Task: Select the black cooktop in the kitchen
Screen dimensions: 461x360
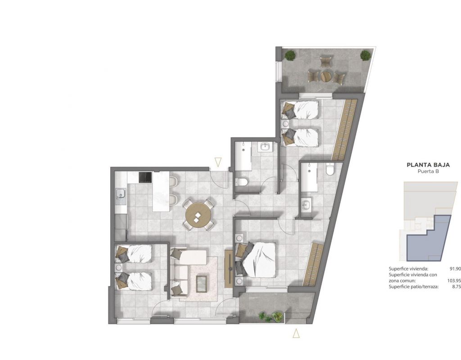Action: tap(145, 177)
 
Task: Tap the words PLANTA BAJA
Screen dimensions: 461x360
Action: tap(428, 165)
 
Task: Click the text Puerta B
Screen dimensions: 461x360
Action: tap(429, 171)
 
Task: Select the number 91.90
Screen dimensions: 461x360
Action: tap(455, 269)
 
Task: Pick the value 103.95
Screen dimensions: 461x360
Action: tap(454, 281)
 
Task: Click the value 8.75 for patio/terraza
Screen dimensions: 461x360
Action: tap(456, 287)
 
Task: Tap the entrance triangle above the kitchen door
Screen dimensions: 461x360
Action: tap(218, 162)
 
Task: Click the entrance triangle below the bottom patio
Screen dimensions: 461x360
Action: tap(296, 333)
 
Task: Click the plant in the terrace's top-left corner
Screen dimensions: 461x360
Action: tap(291, 55)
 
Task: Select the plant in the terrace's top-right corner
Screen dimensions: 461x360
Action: tap(366, 55)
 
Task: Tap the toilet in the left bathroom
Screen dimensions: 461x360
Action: tap(241, 182)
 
